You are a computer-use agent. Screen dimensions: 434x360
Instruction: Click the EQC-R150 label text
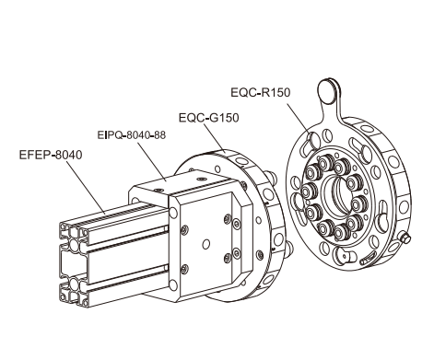coord(261,92)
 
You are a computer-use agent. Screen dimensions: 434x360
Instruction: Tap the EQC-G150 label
coord(209,118)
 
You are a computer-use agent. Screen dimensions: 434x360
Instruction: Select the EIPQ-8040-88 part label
coord(132,135)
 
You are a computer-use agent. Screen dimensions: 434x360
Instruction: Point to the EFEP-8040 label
coord(51,155)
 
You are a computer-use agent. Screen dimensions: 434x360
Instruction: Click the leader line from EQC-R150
coord(298,118)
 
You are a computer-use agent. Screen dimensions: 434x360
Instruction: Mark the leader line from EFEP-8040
coord(86,187)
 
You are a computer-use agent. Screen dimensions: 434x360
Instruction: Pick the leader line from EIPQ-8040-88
coord(151,160)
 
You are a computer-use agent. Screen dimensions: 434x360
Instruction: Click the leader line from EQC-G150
coord(215,138)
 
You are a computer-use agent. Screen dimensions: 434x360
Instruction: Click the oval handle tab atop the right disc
coord(328,91)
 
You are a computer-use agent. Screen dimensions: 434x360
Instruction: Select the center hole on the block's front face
coord(206,244)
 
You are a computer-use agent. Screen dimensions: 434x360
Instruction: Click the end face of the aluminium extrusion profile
coord(74,264)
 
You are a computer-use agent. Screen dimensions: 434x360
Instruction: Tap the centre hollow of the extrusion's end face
coord(73,264)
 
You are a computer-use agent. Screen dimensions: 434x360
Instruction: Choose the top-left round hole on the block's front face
coord(173,213)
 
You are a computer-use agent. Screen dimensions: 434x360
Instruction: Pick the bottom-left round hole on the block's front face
coord(173,285)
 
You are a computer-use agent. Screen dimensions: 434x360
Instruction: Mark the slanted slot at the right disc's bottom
coord(368,258)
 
